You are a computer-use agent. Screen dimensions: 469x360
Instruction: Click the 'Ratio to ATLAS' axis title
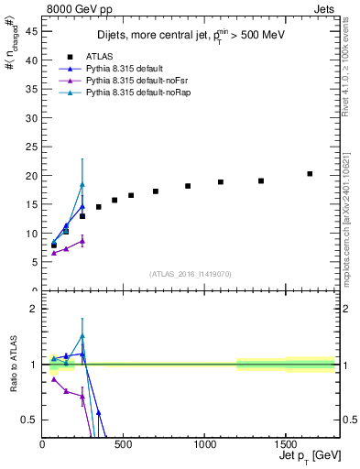12,365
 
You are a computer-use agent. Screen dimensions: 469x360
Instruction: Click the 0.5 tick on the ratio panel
28,420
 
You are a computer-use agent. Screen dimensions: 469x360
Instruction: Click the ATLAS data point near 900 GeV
188,186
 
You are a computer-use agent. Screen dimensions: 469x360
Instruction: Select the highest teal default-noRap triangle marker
82,184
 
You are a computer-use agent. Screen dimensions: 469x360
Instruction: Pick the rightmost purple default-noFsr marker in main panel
82,241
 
